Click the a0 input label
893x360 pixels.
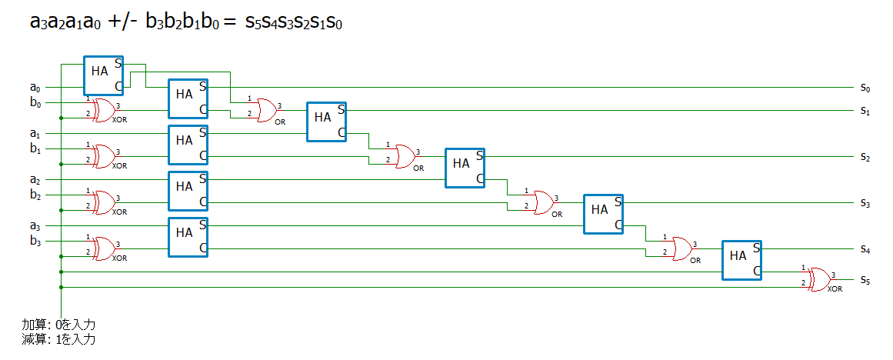pos(36,88)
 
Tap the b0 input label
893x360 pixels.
pos(36,102)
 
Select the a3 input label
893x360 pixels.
pos(36,227)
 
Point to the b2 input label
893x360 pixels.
pos(36,195)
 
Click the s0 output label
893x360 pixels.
pos(865,88)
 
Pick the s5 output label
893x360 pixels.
pos(865,280)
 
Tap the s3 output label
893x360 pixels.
pos(865,203)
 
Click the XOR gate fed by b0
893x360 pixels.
pos(104,111)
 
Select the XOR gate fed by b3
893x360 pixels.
pos(104,249)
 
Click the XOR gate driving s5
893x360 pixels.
pos(819,279)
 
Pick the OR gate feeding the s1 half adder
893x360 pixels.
pos(266,111)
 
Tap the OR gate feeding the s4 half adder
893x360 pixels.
pos(681,249)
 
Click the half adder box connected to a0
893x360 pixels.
pos(104,75)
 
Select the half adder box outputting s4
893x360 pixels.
pos(742,260)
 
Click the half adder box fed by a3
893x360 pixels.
pos(188,237)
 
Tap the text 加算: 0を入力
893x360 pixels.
pos(58,325)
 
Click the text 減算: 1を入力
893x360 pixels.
pos(58,340)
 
